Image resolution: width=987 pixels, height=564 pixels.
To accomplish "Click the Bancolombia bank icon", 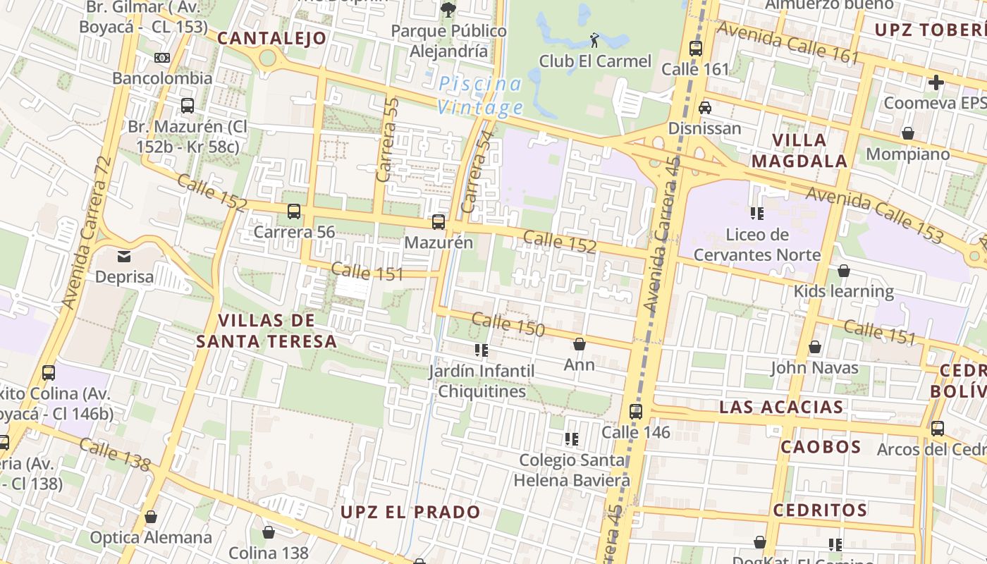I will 162,58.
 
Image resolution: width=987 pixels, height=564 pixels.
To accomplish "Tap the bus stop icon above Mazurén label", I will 439,222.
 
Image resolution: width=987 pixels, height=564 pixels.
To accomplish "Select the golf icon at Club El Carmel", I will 594,39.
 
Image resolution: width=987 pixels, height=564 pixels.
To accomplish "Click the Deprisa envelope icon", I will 124,257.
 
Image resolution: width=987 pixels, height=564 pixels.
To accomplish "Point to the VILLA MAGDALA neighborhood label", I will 799,150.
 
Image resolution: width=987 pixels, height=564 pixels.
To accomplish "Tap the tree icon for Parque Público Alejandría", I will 448,9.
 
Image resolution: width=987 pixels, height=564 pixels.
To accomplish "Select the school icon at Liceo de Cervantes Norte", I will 757,213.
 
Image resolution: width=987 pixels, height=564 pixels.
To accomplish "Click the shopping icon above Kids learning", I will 843,271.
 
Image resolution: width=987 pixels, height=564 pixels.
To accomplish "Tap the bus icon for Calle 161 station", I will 696,48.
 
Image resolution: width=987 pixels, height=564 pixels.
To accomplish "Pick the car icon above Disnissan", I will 704,108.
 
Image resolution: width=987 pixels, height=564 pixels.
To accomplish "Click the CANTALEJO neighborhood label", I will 272,38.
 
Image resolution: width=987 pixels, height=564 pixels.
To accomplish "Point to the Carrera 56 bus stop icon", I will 294,211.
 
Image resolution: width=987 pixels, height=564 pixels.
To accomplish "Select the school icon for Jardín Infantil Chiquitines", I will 482,350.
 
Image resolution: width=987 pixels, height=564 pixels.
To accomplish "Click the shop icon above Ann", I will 580,344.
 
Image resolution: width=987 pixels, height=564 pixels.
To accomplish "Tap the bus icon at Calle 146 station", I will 636,411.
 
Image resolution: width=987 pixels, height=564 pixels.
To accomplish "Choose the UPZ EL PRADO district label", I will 410,512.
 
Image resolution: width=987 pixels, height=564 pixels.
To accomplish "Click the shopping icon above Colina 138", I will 268,532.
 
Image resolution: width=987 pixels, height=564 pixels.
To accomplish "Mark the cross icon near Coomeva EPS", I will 936,82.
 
